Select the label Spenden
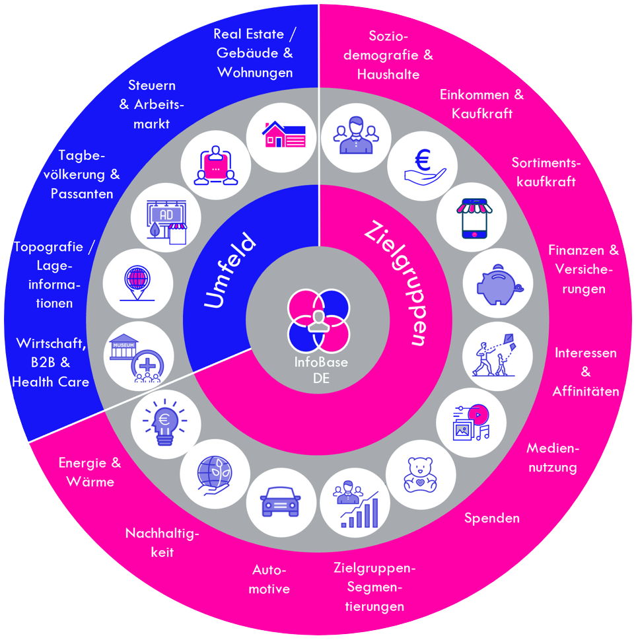coord(492,518)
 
